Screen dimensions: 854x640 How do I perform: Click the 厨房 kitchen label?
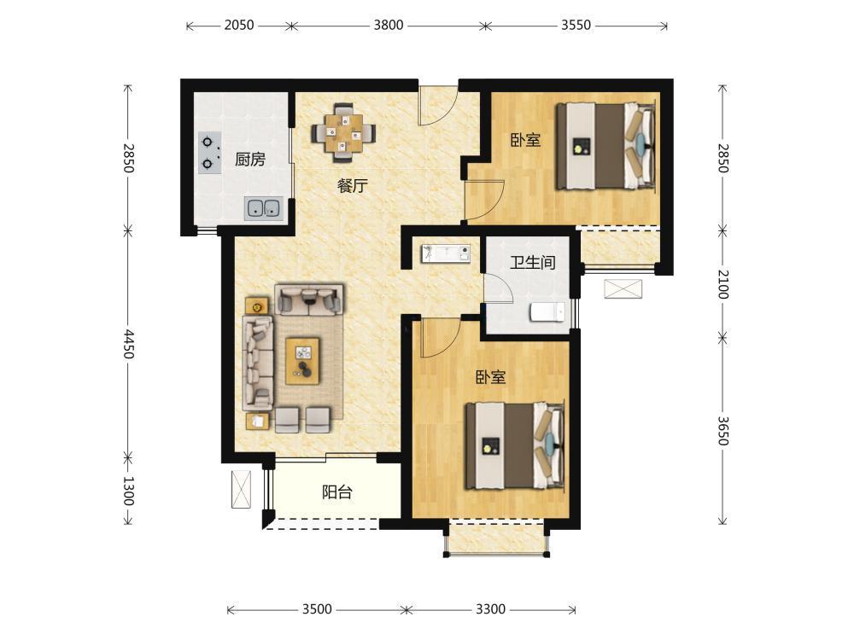(250, 160)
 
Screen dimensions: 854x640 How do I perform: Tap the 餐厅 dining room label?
(353, 185)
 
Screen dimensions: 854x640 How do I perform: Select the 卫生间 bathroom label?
(533, 262)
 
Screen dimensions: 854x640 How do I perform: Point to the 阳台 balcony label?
(337, 492)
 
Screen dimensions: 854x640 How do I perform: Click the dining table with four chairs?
(343, 133)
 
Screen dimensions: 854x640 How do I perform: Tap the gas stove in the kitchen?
(210, 153)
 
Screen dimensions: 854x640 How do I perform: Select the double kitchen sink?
(264, 208)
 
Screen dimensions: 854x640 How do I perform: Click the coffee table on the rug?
(303, 361)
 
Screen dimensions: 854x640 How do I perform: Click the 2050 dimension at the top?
(239, 25)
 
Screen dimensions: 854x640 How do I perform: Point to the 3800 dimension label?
(389, 25)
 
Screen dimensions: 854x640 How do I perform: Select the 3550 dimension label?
(576, 25)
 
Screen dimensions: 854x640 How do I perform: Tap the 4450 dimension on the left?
(128, 344)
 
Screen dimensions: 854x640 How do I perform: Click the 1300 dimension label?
(128, 491)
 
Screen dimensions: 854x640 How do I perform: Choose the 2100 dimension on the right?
(722, 285)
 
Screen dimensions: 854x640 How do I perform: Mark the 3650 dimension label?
(722, 431)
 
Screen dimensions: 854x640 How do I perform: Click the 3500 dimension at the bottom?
(317, 609)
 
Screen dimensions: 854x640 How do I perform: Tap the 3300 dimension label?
(491, 609)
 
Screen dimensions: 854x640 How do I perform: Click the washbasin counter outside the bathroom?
(446, 253)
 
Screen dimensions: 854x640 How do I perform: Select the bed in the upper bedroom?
(605, 146)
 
